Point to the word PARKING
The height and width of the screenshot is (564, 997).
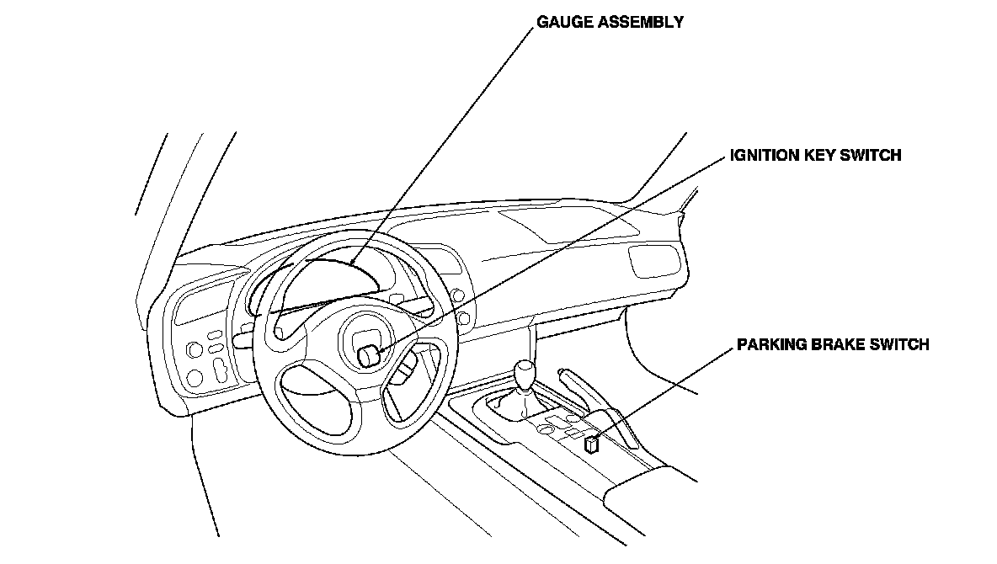770,344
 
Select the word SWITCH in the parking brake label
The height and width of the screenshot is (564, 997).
901,344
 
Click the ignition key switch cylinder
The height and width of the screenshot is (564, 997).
368,356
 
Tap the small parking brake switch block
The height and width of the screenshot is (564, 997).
591,444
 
